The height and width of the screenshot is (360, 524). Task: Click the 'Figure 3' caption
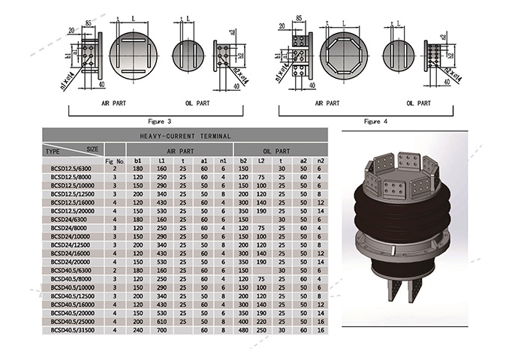pos(158,121)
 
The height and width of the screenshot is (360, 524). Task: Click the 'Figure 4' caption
pos(375,121)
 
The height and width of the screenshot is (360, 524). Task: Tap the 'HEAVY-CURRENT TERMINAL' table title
pos(186,136)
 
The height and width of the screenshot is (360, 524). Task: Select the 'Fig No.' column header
pos(114,160)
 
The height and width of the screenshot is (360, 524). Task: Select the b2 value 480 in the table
pos(244,329)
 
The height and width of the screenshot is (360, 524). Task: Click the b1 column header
pos(138,160)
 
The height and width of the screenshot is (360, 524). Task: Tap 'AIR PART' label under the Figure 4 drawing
pos(330,103)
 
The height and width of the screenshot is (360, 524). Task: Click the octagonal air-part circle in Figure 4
pos(343,55)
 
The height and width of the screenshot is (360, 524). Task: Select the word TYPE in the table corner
pos(53,150)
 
